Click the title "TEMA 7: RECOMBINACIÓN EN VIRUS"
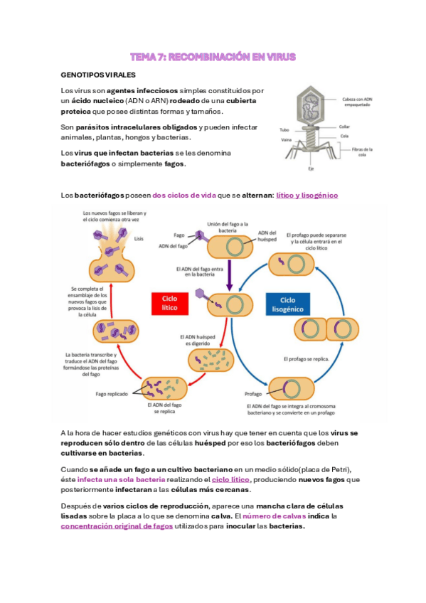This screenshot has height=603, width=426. [x=213, y=56]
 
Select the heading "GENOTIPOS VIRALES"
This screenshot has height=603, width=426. [x=96, y=75]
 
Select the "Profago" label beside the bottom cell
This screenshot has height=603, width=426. [x=254, y=393]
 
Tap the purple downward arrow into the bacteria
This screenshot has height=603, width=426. [x=229, y=277]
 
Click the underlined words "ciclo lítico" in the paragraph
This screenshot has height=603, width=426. [x=230, y=480]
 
